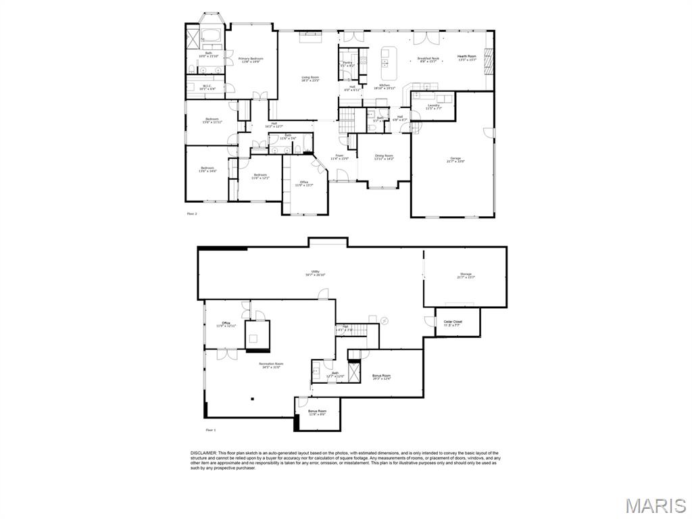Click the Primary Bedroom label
(x=251, y=59)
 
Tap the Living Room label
(x=310, y=78)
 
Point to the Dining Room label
(x=384, y=156)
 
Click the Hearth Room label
(x=467, y=57)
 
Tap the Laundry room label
(x=434, y=105)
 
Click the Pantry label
(x=348, y=63)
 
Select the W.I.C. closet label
(x=207, y=86)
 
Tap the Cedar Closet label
(x=453, y=322)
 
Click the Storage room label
(x=466, y=274)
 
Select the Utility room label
(x=315, y=272)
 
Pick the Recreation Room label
(x=272, y=364)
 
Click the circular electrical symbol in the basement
(x=385, y=320)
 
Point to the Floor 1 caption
(x=210, y=430)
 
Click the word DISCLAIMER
(x=203, y=453)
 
